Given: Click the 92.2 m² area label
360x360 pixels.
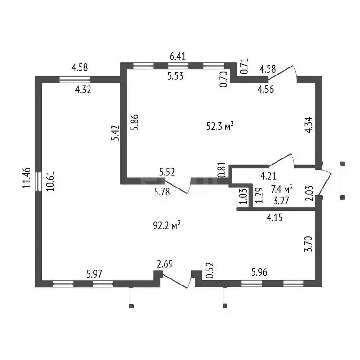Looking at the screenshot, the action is [166, 225].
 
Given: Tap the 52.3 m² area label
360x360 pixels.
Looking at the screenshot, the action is [220, 126].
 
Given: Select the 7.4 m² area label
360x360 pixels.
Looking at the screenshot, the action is [282, 189].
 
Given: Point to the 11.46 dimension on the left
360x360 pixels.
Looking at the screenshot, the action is [27, 178].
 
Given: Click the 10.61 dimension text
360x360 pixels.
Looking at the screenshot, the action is [50, 181].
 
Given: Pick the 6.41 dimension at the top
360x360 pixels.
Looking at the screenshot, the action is [178, 56].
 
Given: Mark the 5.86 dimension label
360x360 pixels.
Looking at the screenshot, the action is [135, 122].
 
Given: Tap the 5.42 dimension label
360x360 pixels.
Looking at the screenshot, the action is [115, 133].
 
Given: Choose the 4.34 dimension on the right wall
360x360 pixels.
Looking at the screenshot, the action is [308, 125].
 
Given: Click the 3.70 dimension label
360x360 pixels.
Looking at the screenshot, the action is [308, 244].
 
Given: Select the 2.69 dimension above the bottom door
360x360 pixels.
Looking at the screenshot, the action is [165, 264].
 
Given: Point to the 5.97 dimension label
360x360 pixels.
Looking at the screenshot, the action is [94, 274].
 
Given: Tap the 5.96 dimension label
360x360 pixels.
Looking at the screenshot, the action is [259, 272].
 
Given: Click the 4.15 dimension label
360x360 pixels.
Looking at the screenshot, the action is [275, 217].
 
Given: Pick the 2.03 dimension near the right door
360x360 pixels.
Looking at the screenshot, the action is [309, 193].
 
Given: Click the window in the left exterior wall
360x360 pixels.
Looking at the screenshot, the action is [38, 181].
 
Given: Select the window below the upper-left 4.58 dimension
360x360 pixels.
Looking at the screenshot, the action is [75, 80].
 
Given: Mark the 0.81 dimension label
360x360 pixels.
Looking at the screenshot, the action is [223, 169].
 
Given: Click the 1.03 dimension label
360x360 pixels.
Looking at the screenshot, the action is [243, 196].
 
